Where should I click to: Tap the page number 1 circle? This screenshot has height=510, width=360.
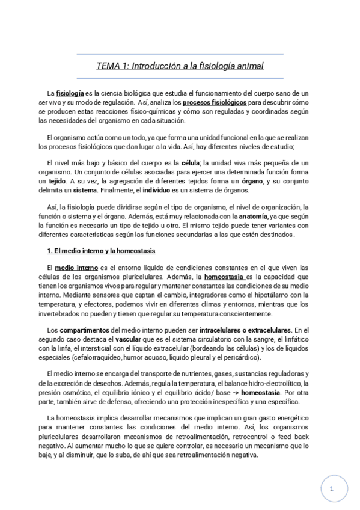coord(332,490)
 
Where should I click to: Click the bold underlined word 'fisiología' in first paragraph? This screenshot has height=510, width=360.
coord(70,94)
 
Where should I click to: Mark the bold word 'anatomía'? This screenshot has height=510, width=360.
coord(252,217)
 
